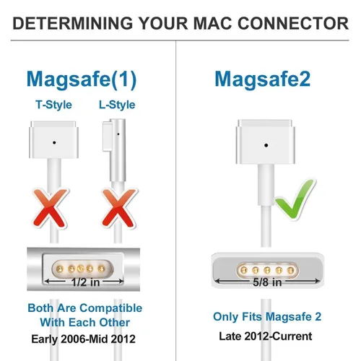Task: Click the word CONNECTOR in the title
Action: (293, 23)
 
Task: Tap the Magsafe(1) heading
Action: (82, 79)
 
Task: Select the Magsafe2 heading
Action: (263, 79)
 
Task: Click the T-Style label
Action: (53, 105)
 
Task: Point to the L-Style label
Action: (117, 105)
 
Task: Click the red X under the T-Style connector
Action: (51, 208)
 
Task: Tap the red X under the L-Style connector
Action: (119, 208)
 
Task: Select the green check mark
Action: (295, 199)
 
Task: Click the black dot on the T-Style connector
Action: (54, 143)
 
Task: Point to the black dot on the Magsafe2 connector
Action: (266, 145)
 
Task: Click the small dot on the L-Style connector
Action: (118, 134)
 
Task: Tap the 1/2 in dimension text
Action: (85, 282)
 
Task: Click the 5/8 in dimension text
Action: (267, 282)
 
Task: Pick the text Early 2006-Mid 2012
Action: (83, 339)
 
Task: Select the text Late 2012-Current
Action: (266, 336)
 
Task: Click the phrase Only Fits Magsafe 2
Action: (267, 317)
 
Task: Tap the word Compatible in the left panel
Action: (111, 308)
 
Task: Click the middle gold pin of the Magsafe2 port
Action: (267, 270)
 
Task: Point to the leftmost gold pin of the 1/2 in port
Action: (59, 269)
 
